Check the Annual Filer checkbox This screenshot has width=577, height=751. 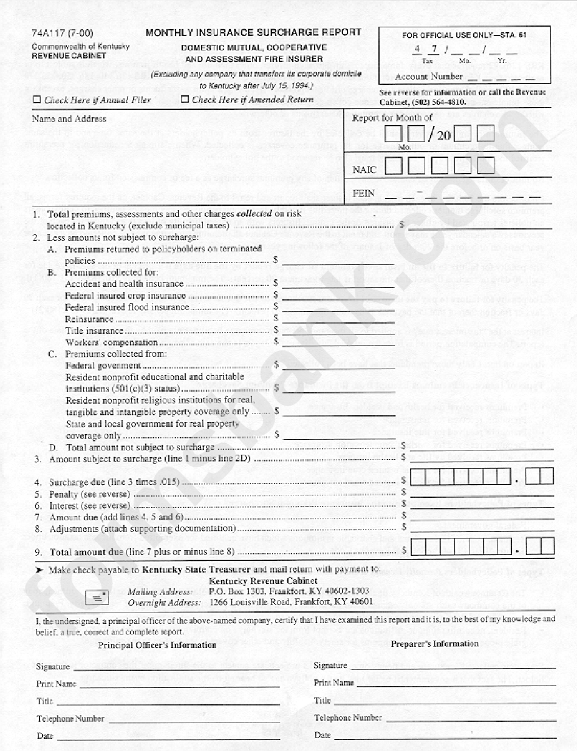[37, 100]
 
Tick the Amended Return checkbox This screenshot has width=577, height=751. [185, 100]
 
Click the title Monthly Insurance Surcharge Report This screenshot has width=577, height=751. [253, 33]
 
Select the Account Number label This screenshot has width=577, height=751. [428, 77]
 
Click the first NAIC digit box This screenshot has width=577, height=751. [394, 166]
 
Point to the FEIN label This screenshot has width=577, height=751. [363, 194]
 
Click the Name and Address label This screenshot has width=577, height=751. [69, 119]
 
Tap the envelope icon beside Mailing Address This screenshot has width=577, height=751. [97, 597]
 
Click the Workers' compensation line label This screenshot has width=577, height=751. [111, 342]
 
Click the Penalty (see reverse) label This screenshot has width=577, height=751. [89, 494]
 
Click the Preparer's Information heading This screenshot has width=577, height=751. [435, 644]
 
